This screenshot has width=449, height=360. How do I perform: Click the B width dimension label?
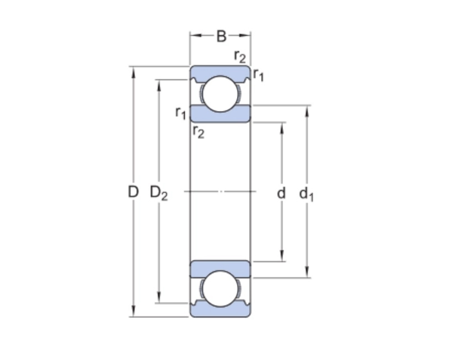[221, 36]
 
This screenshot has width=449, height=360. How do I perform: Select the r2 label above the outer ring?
[240, 56]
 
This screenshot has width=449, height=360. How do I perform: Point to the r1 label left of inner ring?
[180, 112]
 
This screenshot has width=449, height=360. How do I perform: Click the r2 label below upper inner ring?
[198, 132]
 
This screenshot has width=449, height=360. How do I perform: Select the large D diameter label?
[132, 192]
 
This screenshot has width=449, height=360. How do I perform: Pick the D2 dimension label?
[159, 193]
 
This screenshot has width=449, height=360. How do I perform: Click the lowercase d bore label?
[281, 193]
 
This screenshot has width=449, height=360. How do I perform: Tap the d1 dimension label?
[306, 194]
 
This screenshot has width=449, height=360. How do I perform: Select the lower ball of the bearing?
[220, 289]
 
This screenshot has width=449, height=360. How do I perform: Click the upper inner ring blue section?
[220, 114]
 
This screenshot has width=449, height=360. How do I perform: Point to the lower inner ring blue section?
[220, 269]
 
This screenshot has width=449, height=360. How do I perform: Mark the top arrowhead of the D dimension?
[133, 71]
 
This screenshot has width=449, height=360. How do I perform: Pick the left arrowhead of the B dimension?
[194, 36]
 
